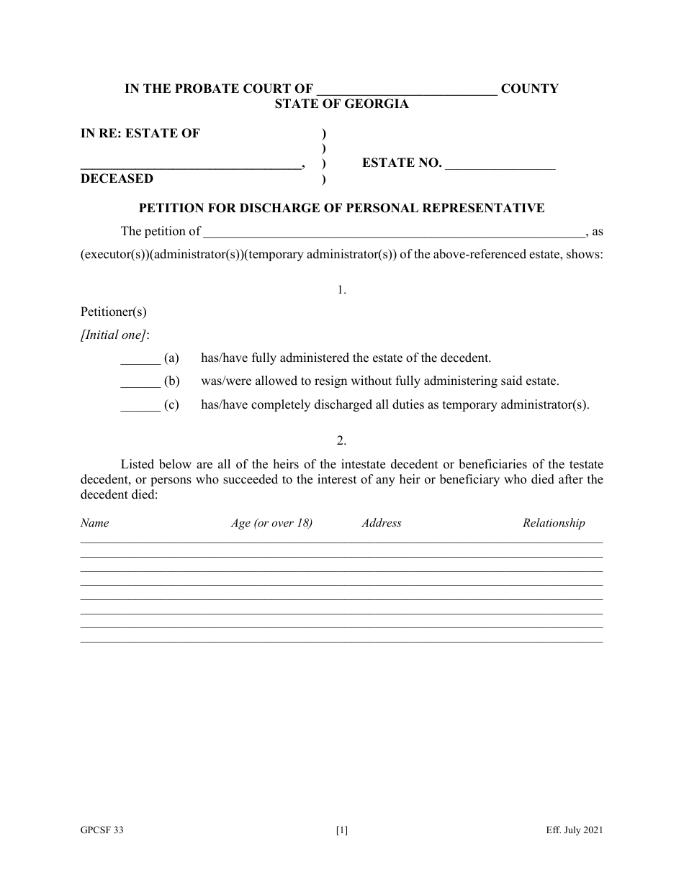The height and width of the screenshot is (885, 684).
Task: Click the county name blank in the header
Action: point(407,91)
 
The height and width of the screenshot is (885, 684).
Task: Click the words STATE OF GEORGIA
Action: point(341,104)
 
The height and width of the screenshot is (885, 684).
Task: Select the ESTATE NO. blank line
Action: point(500,165)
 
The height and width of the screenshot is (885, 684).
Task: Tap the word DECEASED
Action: point(117,178)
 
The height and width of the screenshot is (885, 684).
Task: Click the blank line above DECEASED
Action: point(191,165)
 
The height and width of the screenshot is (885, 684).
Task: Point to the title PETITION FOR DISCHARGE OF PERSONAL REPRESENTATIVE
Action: point(341,208)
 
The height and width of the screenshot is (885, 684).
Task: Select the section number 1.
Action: point(341,290)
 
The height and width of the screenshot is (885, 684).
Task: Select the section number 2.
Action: point(341,440)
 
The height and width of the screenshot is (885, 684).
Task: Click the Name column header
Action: point(94,523)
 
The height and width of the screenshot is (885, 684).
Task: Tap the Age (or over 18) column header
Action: point(271,523)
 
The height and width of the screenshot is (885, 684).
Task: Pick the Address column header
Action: point(382,523)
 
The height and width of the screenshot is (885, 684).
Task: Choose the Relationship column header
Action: point(554,523)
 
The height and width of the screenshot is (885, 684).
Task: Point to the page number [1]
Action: point(342,830)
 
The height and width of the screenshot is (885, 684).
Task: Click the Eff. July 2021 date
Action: point(574,830)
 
